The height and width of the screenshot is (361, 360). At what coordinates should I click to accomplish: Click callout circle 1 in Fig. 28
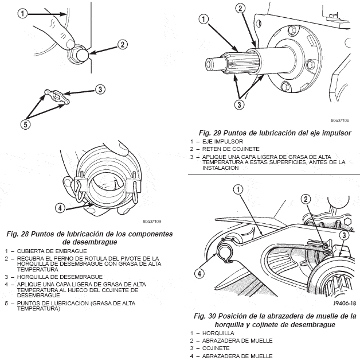pyautogui.click(x=22, y=14)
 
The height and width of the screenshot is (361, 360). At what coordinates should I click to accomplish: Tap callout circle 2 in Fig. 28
pyautogui.click(x=122, y=45)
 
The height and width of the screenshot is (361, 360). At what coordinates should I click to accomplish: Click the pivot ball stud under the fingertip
pyautogui.click(x=77, y=55)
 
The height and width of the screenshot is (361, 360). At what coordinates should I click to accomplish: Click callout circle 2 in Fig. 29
pyautogui.click(x=241, y=9)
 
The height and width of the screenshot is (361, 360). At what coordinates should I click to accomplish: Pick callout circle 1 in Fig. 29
pyautogui.click(x=203, y=20)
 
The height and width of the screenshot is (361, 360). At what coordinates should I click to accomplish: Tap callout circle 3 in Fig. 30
pyautogui.click(x=343, y=235)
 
